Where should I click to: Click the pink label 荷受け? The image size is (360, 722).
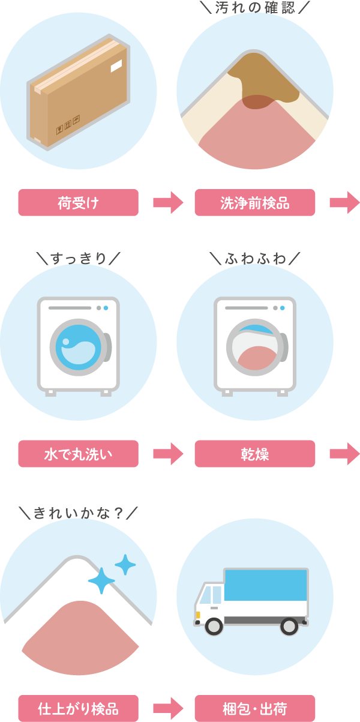[78, 203]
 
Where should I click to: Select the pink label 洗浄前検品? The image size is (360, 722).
[254, 203]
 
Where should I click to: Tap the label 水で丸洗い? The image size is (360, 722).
[78, 454]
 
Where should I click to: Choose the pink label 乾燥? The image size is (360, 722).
[254, 454]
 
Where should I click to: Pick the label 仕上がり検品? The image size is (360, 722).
[78, 708]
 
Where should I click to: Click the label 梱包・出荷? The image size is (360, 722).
[254, 708]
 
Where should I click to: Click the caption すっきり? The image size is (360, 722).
[78, 259]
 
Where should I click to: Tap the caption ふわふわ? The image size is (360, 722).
[254, 259]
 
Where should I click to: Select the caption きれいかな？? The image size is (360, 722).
[78, 513]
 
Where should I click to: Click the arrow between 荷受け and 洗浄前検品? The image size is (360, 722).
[167, 203]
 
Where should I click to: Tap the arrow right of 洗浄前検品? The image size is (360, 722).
[344, 203]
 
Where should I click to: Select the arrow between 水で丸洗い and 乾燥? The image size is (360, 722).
[167, 454]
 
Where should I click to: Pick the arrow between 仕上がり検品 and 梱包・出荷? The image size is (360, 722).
[167, 708]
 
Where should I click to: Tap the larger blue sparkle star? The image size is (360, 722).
[101, 580]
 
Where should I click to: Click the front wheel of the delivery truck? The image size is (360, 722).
[214, 626]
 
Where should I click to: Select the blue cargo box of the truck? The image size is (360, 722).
[266, 585]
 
